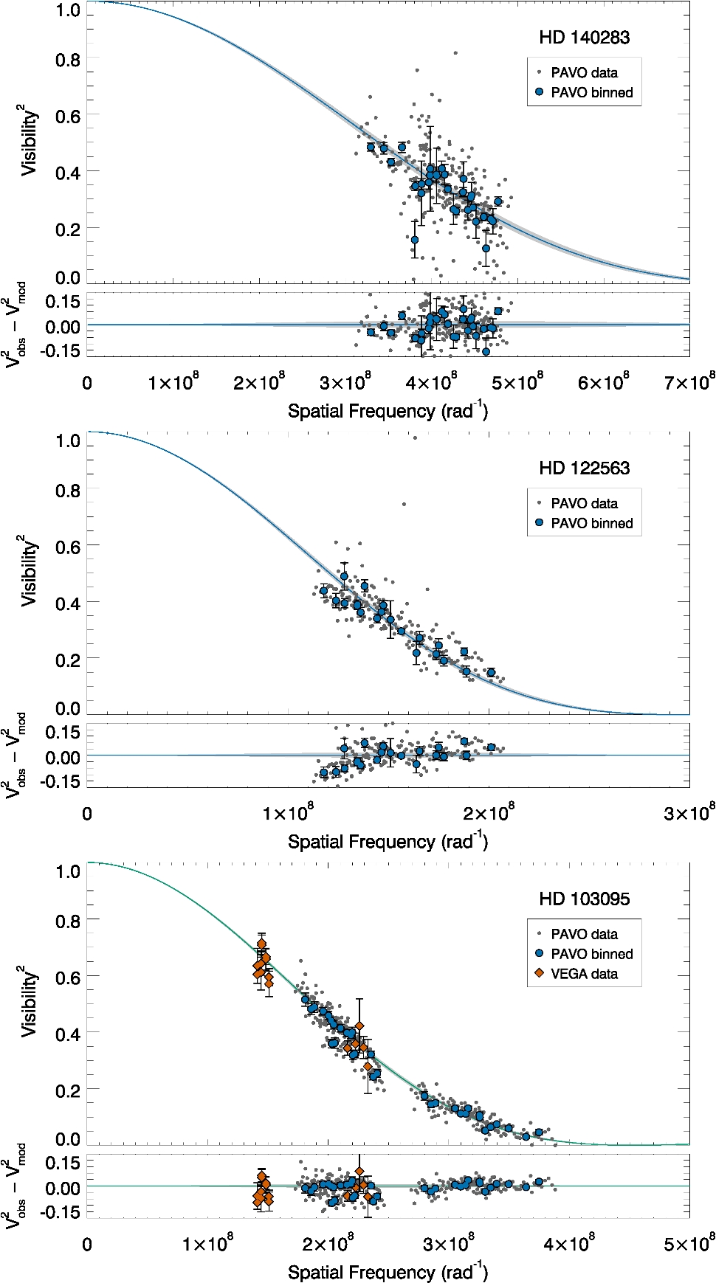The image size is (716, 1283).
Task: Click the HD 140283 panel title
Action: [x=584, y=38]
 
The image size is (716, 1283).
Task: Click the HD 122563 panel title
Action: [x=584, y=468]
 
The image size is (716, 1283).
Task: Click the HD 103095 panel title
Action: [x=584, y=899]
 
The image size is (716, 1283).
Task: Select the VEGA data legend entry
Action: [x=583, y=974]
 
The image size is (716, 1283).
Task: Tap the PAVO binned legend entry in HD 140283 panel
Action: [x=591, y=92]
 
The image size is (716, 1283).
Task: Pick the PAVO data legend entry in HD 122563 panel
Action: [x=583, y=503]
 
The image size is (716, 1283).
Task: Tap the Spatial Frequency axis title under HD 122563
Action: [x=388, y=841]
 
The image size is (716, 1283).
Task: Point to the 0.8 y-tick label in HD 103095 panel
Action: [x=68, y=921]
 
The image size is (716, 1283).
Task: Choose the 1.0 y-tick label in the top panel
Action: [x=68, y=10]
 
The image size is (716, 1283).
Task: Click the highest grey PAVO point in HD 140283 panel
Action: [x=455, y=53]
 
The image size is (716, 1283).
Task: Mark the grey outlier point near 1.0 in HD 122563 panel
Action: [x=415, y=438]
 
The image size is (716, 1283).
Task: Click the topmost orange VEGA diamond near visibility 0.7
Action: [x=261, y=944]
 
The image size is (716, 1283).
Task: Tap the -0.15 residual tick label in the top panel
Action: [x=62, y=350]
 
